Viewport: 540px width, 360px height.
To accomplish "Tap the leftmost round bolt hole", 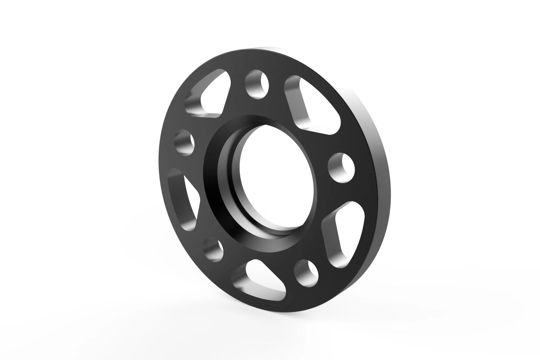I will [x=185, y=142].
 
